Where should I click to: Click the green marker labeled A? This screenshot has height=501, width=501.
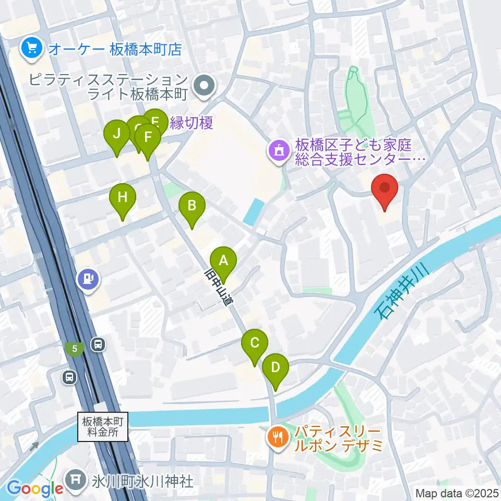click(223, 260)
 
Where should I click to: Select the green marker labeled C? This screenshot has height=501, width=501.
click(255, 343)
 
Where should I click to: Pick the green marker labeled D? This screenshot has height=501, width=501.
click(275, 367)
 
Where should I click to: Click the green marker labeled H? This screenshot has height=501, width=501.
click(122, 197)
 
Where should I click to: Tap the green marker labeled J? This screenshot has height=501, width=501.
click(116, 134)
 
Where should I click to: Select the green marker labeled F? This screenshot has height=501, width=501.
click(148, 137)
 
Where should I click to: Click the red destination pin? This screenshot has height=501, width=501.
click(385, 188)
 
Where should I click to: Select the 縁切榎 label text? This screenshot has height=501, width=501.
click(191, 123)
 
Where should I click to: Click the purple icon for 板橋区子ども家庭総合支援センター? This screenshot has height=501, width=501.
click(278, 152)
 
